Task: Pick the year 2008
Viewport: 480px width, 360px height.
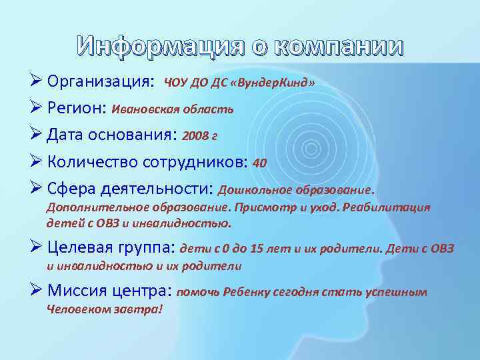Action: pyautogui.click(x=195, y=137)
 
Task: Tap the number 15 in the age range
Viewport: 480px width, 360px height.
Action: pyautogui.click(x=257, y=249)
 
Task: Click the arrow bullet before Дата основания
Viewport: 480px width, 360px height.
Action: pyautogui.click(x=37, y=136)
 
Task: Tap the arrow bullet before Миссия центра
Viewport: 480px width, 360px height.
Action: pyautogui.click(x=37, y=291)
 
